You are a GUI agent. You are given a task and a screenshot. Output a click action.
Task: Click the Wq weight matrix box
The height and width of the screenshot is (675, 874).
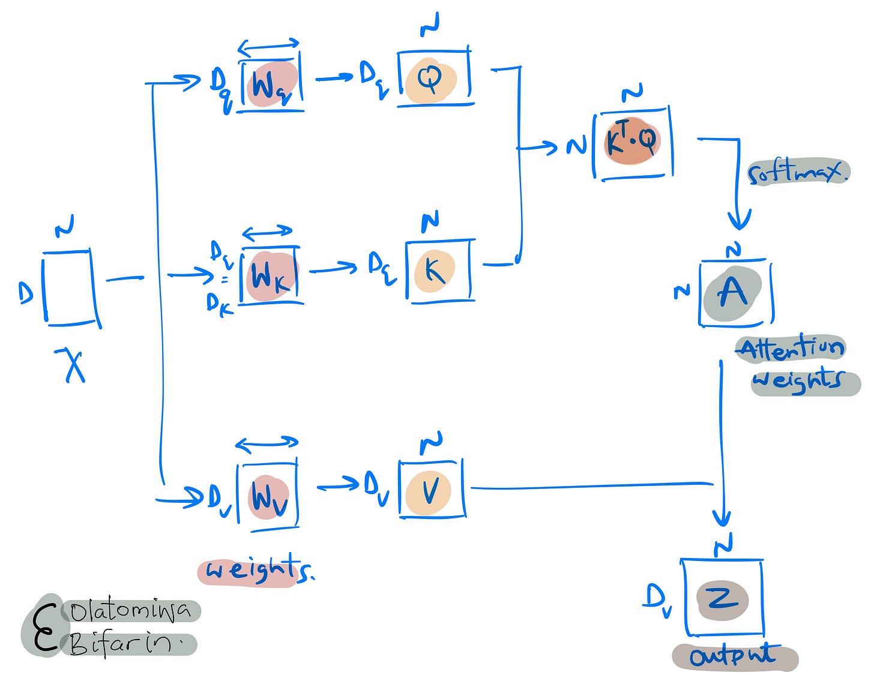271,84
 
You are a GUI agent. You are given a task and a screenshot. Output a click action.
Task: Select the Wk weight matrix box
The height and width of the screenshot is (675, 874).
271,277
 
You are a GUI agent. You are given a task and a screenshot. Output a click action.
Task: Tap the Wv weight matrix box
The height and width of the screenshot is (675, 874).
268,496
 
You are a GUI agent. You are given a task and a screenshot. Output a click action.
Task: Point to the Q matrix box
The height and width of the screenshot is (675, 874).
434,80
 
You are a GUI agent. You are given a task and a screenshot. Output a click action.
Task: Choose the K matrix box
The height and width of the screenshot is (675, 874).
439,271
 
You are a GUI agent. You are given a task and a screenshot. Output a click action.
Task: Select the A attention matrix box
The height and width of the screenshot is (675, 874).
735,293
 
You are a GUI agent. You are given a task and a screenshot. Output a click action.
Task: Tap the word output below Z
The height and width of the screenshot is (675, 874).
734,656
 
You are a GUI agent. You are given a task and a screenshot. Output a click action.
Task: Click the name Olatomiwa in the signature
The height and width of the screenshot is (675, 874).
131,611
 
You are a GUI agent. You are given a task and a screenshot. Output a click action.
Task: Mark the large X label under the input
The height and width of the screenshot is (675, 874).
73,364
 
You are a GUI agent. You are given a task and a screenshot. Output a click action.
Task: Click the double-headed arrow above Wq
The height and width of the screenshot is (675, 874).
268,46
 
